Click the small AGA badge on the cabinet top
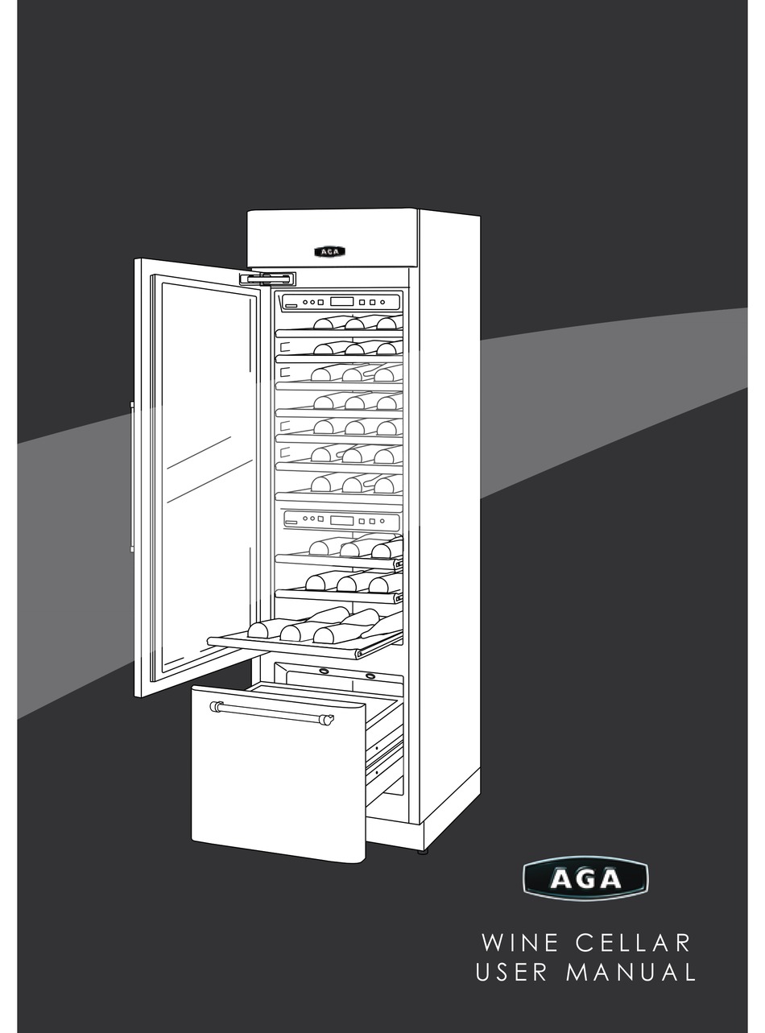tap(329, 251)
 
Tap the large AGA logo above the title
tap(585, 878)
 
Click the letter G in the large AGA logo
tap(585, 878)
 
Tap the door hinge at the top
tap(267, 279)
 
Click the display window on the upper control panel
tap(341, 302)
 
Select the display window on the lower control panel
tap(341, 520)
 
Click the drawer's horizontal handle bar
tap(271, 713)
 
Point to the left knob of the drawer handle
tap(216, 706)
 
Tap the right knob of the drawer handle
tap(326, 720)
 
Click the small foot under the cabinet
tap(422, 850)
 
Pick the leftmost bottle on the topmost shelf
tap(325, 324)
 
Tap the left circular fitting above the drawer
tap(323, 671)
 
